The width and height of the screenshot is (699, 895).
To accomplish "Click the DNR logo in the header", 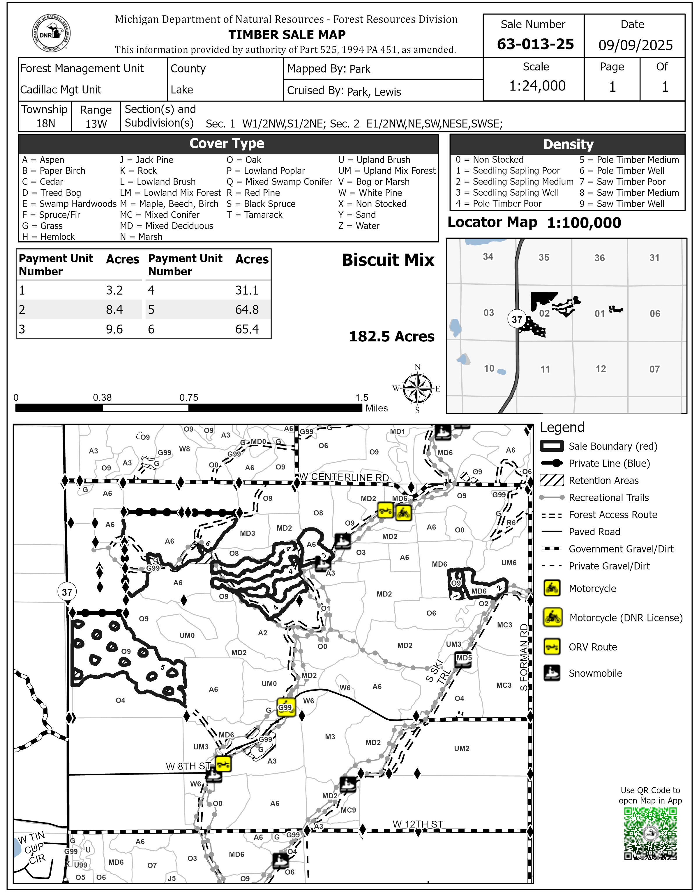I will (x=51, y=33).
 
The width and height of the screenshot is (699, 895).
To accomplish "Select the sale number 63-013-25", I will (x=535, y=44).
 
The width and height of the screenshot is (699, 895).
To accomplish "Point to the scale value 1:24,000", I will (x=537, y=86).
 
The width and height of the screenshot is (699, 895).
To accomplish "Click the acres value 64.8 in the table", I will (x=247, y=310).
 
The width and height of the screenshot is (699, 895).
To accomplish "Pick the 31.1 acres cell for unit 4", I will (x=247, y=290).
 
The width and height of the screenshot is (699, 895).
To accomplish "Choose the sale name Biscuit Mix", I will (x=388, y=260).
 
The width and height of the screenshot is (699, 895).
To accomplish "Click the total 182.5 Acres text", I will (x=391, y=336).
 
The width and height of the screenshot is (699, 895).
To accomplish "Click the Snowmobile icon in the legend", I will (x=552, y=673).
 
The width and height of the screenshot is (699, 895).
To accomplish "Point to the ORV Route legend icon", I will (x=552, y=647).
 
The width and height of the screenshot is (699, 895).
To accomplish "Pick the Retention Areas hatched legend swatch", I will (x=552, y=480).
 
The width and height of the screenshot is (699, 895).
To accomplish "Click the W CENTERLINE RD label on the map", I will (x=344, y=477).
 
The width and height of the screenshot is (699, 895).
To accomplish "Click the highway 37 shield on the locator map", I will (x=517, y=319).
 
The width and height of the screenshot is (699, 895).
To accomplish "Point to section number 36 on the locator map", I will (x=599, y=258).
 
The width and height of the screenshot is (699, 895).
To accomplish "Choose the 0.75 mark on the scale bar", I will (x=189, y=398).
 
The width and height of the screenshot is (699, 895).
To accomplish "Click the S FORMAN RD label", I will (x=524, y=657).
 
